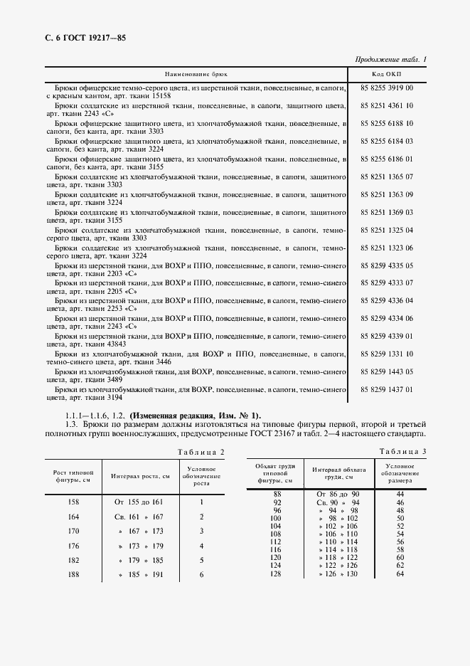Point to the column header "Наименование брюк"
tap(196, 73)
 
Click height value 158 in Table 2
tap(72, 502)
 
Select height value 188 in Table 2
tap(72, 574)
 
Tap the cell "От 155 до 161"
tap(139, 502)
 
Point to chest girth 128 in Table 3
tap(277, 573)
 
